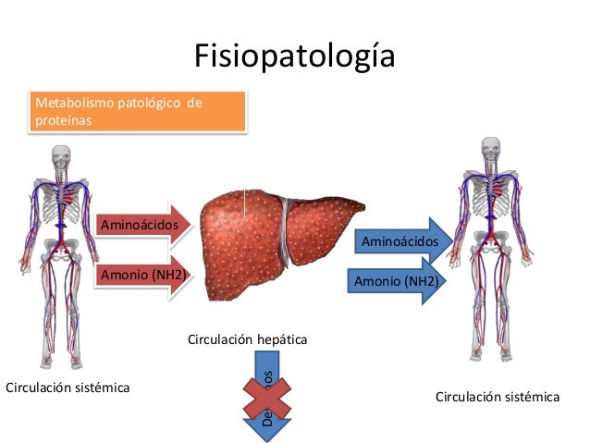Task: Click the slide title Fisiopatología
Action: (294, 55)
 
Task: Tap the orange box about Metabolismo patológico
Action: (139, 111)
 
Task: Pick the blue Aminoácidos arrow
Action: (402, 241)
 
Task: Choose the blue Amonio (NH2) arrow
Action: (392, 280)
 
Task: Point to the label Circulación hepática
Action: (247, 340)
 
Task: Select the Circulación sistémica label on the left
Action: (68, 387)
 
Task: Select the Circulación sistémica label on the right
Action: (497, 397)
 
